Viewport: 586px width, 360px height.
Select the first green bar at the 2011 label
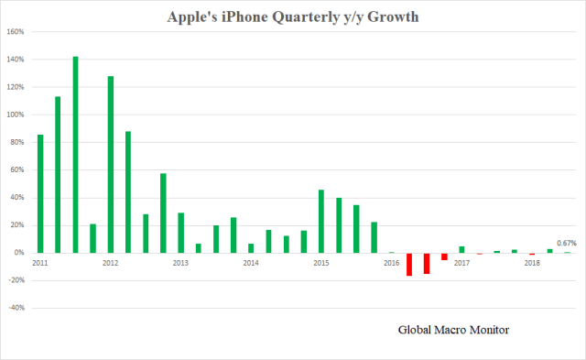[x=40, y=193]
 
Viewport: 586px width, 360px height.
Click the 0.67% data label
[x=567, y=243]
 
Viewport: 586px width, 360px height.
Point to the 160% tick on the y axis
[x=16, y=32]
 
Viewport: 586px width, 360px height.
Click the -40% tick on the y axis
[x=16, y=308]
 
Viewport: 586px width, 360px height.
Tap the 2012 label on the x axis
[x=110, y=263]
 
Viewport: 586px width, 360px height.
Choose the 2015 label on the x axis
[x=321, y=263]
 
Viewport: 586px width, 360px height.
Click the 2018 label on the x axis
[x=532, y=263]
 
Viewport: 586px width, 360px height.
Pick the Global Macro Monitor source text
[x=453, y=329]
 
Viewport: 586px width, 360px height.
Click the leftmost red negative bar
[x=409, y=264]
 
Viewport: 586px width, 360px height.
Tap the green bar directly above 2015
[x=321, y=221]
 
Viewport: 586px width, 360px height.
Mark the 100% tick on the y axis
[x=16, y=115]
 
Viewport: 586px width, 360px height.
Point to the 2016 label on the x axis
[x=391, y=263]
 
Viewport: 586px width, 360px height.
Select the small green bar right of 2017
[x=462, y=249]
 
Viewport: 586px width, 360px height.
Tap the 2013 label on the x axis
[x=180, y=263]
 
